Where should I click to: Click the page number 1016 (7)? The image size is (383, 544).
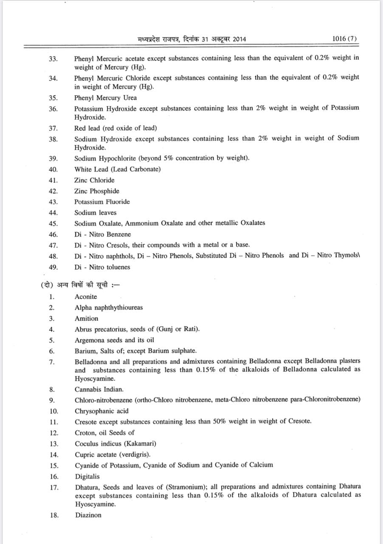pos(345,39)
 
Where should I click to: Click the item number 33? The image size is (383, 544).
pos(53,59)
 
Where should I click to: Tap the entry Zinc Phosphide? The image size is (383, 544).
pos(97,191)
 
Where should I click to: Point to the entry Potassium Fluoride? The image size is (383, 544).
pos(102,201)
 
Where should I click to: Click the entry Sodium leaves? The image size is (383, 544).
pos(95,212)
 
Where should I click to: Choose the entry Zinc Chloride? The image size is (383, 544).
pos(94,180)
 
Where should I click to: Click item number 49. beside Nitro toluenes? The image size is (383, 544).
pos(53,267)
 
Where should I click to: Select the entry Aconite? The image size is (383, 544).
pos(86,297)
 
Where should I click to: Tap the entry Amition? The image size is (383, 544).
pos(86,318)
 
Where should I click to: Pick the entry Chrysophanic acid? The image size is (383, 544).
pos(101,411)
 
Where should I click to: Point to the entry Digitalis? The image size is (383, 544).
pos(87,476)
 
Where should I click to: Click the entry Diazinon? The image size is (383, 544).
pos(88,515)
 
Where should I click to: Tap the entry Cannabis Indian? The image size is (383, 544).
pos(99,389)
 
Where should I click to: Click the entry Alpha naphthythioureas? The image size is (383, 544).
pos(109,307)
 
